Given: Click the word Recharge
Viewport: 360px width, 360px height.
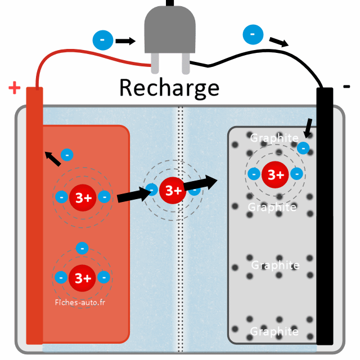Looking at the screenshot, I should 169,88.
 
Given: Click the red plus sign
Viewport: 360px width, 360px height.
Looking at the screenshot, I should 15,88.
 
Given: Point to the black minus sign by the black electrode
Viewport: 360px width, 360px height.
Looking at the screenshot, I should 346,87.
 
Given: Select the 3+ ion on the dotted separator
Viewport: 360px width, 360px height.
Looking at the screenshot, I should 173,191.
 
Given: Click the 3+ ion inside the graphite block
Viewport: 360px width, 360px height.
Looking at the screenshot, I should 276,174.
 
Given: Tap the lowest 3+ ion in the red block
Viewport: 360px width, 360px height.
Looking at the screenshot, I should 83,277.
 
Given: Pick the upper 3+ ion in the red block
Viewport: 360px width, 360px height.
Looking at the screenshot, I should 83,197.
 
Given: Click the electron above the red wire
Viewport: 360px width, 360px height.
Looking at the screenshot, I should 102,40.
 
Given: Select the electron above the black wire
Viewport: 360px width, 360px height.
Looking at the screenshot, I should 253,35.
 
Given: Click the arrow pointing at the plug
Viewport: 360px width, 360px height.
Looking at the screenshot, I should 125,40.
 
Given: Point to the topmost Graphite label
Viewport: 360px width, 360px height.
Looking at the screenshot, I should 274,138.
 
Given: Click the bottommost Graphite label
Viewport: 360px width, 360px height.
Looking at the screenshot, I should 274,331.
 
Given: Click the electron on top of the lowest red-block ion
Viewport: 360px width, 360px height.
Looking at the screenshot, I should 83,247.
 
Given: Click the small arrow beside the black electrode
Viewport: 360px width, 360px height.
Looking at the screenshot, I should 308,128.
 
